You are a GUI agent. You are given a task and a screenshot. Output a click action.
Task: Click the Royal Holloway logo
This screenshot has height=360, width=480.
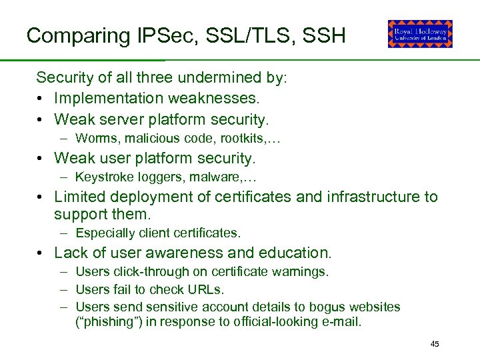(x=420, y=34)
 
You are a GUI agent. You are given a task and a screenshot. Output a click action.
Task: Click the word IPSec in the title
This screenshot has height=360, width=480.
(x=160, y=35)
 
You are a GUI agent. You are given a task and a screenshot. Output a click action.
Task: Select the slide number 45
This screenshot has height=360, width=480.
(x=435, y=344)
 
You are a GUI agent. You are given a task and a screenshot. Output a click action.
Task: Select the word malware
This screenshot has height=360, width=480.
(x=222, y=178)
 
